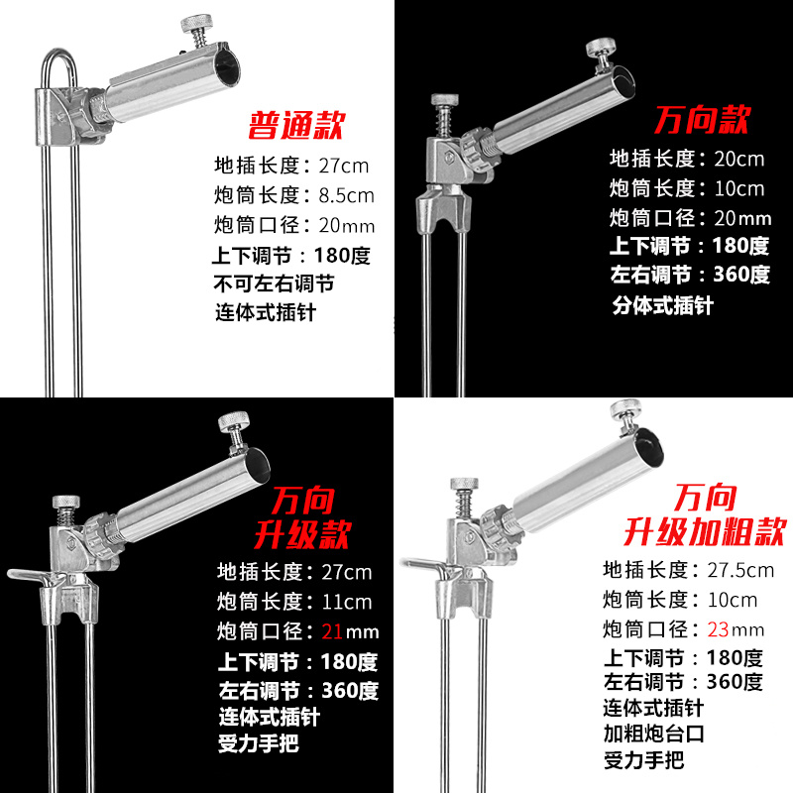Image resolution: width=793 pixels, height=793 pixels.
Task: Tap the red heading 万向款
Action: pos(702,121)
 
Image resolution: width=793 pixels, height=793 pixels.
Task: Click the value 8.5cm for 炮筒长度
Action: pos(345,194)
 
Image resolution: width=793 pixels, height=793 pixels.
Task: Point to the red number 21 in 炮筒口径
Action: pos(337,631)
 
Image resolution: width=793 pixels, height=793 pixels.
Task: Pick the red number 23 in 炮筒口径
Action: pos(722,628)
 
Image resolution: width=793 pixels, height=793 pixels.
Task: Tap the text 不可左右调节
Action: pos(275,284)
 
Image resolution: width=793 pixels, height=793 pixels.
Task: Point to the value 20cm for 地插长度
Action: pos(735,159)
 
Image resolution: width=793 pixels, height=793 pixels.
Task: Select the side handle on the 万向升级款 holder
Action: pos(27,575)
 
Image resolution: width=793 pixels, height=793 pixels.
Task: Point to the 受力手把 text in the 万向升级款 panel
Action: pos(258,743)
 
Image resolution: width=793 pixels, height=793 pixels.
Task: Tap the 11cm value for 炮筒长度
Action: pos(345,602)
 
